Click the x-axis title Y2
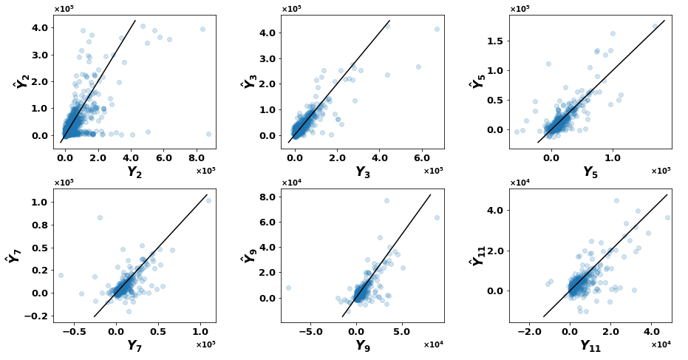coord(134,171)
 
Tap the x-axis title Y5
coord(590,171)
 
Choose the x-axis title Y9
coord(362,345)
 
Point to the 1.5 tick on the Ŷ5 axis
coord(497,41)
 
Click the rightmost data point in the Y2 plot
coord(208,135)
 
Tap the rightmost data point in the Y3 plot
coord(437,29)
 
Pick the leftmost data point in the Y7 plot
coord(61,275)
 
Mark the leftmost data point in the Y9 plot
coord(288,288)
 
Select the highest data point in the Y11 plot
coord(616,200)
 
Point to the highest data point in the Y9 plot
coord(386,200)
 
